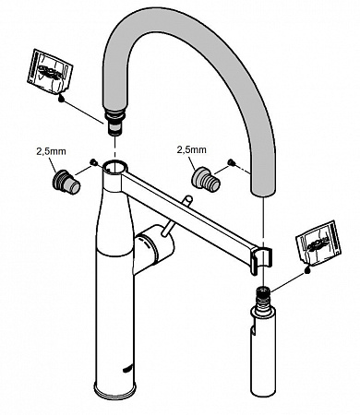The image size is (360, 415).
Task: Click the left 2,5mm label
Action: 51,151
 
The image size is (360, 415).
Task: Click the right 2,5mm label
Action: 191,149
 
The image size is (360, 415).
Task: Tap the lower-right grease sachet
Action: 318,243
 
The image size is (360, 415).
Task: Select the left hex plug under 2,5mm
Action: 66,182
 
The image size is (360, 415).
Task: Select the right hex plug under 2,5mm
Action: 206,180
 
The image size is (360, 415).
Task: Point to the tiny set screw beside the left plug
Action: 92,161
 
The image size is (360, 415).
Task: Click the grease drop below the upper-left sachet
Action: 62,99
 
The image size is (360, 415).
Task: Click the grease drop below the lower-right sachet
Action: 307,269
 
